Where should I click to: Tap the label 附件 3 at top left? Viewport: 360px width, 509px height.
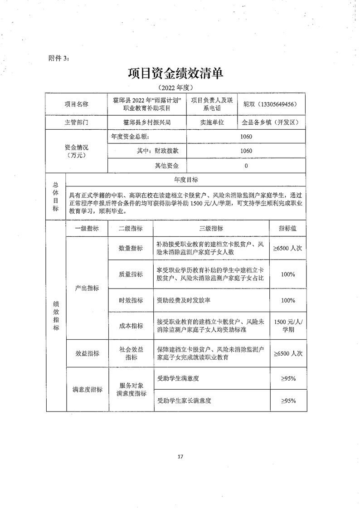point(59,58)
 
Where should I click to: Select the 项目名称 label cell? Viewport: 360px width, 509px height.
point(76,104)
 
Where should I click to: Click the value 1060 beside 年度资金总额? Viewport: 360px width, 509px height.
point(246,136)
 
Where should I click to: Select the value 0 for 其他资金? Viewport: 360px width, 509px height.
point(246,166)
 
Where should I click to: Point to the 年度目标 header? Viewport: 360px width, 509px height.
point(186,180)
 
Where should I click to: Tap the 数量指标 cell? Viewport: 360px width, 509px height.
point(131,248)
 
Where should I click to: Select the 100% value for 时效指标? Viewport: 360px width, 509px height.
point(288,300)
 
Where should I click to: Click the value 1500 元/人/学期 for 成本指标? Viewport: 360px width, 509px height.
point(288,325)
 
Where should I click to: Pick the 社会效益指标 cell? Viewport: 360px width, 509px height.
point(131,353)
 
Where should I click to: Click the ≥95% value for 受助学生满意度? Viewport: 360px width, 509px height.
point(288,378)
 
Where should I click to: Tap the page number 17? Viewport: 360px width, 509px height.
point(180,456)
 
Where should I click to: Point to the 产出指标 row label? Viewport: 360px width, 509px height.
point(87,288)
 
